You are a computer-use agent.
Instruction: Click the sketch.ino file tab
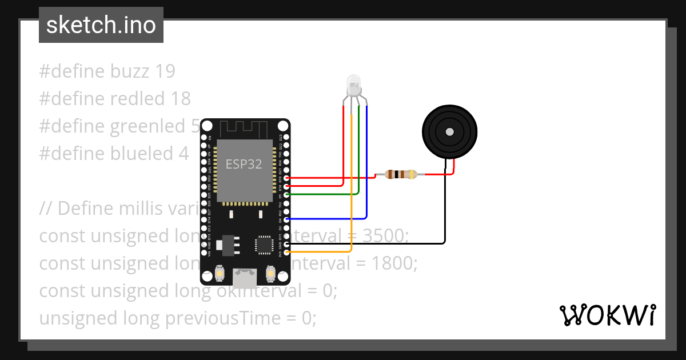pos(101,25)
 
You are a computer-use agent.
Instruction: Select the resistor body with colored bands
pos(400,174)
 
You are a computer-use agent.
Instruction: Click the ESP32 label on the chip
pos(244,165)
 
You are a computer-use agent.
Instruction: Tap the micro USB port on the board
pos(245,278)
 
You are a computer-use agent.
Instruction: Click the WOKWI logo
pos(607,315)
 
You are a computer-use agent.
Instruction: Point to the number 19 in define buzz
pos(165,71)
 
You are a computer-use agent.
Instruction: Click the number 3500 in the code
pos(385,236)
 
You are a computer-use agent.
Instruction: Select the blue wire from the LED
pos(366,171)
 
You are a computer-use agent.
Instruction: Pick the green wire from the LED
pos(358,160)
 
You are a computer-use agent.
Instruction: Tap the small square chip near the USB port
pos(264,245)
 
